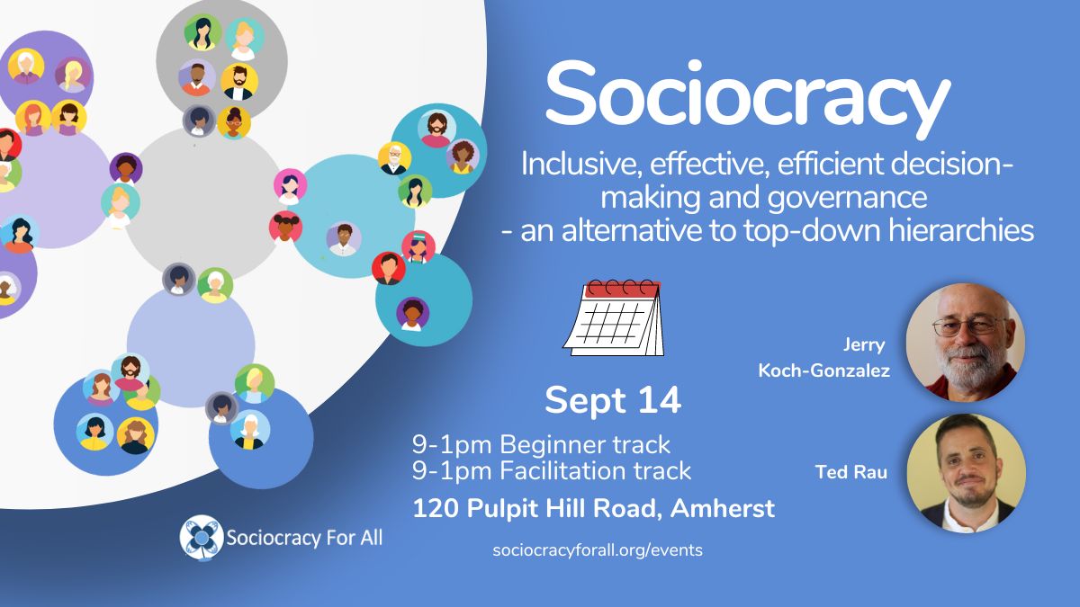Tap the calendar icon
pyautogui.click(x=614, y=318)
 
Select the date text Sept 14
pyautogui.click(x=613, y=400)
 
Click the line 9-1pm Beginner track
pyautogui.click(x=541, y=444)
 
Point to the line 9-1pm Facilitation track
pyautogui.click(x=552, y=470)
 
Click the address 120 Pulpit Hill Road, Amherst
pyautogui.click(x=593, y=509)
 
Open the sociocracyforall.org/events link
pyautogui.click(x=598, y=550)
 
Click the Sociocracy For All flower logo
pyautogui.click(x=202, y=538)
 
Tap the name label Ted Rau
pyautogui.click(x=851, y=472)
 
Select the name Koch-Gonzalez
pyautogui.click(x=824, y=370)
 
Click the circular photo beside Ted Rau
pyautogui.click(x=966, y=474)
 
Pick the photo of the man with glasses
pyautogui.click(x=966, y=343)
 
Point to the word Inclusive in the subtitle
pyautogui.click(x=581, y=165)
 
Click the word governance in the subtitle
pyautogui.click(x=847, y=199)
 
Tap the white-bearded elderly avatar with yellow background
pyautogui.click(x=394, y=158)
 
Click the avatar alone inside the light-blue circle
pyautogui.click(x=343, y=238)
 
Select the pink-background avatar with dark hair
pyautogui.click(x=290, y=186)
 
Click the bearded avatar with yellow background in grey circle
pyautogui.click(x=239, y=82)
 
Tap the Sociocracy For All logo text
pyautogui.click(x=304, y=538)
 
